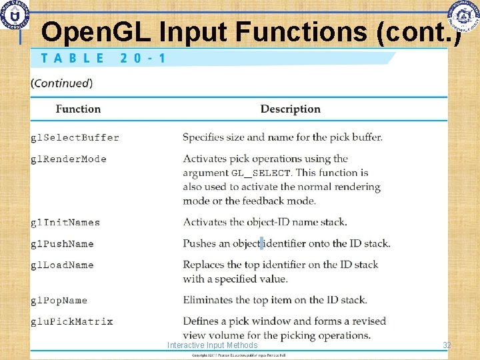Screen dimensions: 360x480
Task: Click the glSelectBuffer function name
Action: click(x=75, y=138)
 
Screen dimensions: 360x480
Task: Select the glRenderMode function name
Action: click(x=69, y=159)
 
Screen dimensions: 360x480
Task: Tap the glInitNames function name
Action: click(x=65, y=223)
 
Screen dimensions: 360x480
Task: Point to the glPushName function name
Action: click(x=62, y=244)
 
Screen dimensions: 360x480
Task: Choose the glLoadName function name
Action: click(x=62, y=265)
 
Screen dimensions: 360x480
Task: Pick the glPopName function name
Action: click(x=59, y=301)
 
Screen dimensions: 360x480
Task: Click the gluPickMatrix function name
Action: click(x=72, y=322)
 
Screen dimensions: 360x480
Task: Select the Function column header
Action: click(x=78, y=109)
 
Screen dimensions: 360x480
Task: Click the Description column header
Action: click(x=290, y=109)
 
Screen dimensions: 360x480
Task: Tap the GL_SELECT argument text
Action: click(x=261, y=173)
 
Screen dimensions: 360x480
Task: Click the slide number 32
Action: click(x=447, y=345)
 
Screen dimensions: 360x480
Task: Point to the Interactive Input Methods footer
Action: click(x=212, y=345)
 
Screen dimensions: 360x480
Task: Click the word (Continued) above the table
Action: click(x=61, y=83)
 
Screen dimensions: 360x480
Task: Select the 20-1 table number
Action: click(x=143, y=58)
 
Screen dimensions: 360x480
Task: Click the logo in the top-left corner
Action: click(x=14, y=14)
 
